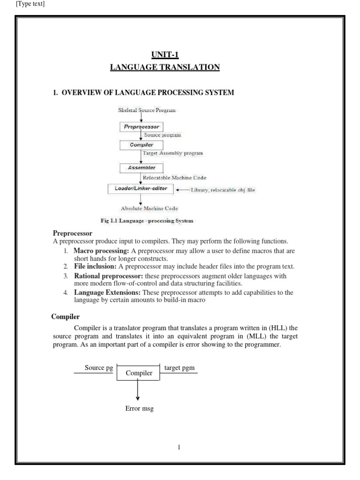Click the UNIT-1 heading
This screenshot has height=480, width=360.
[x=165, y=55]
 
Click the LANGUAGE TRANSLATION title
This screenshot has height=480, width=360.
[x=165, y=67]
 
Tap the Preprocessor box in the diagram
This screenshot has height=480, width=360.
[x=141, y=127]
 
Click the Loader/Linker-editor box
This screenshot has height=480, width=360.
[x=141, y=188]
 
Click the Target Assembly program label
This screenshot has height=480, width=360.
[x=172, y=153]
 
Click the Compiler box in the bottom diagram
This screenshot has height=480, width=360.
[x=137, y=373]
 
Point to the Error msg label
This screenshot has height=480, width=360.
[x=139, y=409]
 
